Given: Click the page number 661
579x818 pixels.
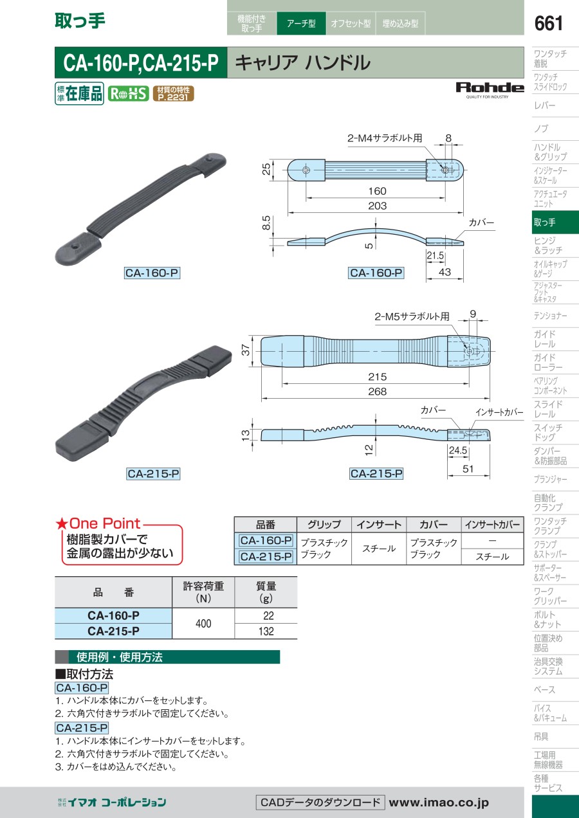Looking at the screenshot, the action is (548, 24).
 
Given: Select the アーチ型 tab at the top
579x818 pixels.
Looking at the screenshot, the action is (301, 23).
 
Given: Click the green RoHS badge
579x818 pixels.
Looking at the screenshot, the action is (128, 94).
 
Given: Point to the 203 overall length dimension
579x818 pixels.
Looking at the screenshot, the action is (377, 206).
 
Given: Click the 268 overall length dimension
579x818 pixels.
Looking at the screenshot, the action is (377, 392).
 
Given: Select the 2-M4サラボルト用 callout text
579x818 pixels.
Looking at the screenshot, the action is (384, 138).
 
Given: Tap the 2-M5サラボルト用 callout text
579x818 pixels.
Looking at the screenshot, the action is (412, 316).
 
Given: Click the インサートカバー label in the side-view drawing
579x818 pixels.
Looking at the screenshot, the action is (499, 412).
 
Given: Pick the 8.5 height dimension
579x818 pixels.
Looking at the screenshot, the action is (267, 223).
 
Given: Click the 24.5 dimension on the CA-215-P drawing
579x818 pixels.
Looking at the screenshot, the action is (457, 450).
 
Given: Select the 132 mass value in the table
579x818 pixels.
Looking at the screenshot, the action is (266, 631).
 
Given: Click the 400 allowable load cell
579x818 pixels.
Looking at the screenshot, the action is (203, 623).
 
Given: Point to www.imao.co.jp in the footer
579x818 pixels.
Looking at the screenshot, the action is (439, 803).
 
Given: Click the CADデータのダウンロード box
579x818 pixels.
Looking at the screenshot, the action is (320, 803).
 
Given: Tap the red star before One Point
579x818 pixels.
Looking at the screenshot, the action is (61, 524).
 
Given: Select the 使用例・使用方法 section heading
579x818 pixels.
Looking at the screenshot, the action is (120, 657).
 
